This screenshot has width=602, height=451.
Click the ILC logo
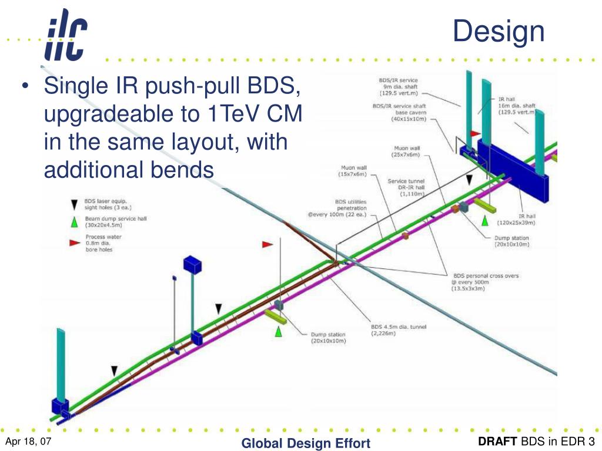tap(66, 36)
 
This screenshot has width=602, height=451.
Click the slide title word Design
tap(499, 31)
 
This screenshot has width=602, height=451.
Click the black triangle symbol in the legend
tap(73, 204)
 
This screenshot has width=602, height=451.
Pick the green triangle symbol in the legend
tap(73, 222)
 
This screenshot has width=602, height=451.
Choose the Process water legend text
tap(105, 243)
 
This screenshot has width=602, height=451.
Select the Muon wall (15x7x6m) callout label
tap(353, 171)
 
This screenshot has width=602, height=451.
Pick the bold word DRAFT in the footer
tap(497, 442)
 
